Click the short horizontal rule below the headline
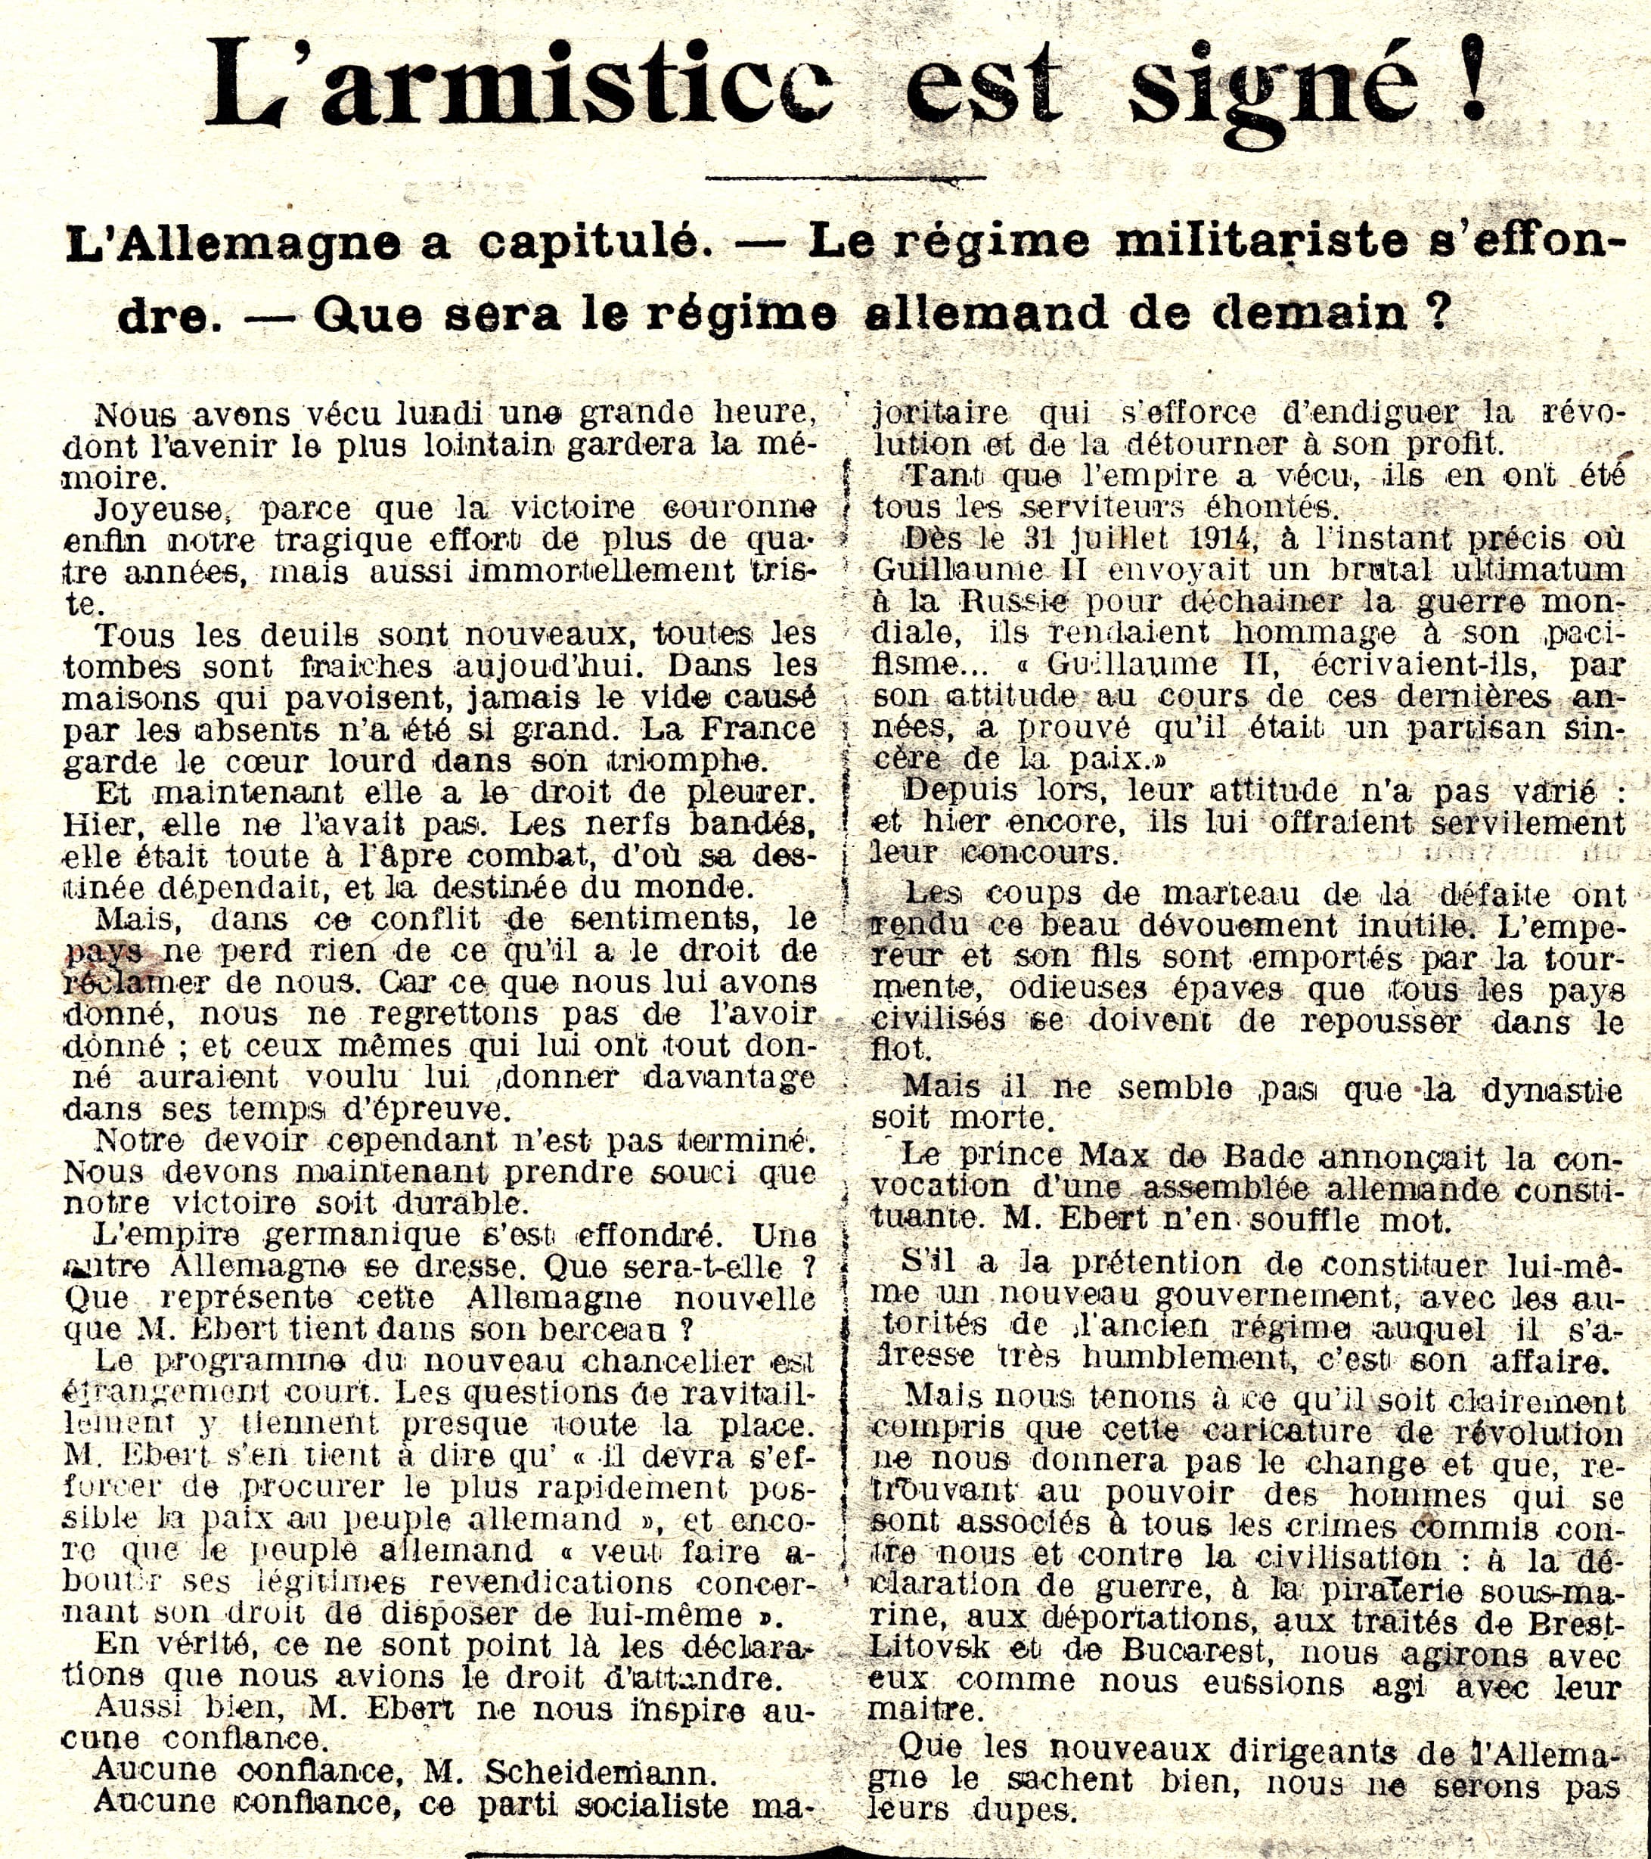(846, 176)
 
